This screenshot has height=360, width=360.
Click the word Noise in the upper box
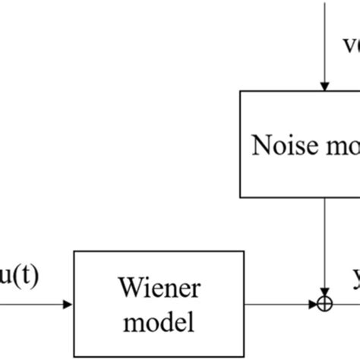point(281,145)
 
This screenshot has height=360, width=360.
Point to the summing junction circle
point(326,305)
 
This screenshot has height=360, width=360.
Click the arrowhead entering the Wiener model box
point(69,305)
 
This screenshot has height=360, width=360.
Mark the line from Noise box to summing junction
point(325,243)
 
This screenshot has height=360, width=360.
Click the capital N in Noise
point(259,145)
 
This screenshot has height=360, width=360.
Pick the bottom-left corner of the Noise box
point(241,197)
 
